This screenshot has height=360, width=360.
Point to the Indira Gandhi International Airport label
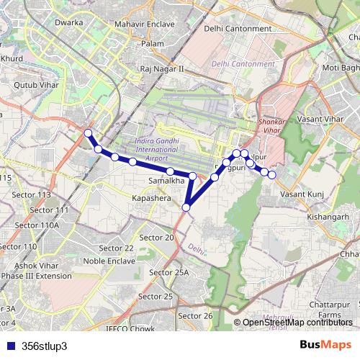[157, 148]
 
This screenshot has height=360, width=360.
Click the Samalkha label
[163, 181]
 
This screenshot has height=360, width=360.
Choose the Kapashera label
[150, 197]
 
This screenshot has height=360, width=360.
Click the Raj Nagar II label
[163, 68]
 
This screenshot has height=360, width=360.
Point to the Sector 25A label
[168, 272]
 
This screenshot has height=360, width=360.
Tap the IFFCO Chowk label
[129, 329]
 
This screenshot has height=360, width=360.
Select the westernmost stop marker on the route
[88, 132]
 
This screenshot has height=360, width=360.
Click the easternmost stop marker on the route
[272, 174]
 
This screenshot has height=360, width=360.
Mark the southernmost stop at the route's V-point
[186, 207]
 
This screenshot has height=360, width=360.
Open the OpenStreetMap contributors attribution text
[297, 323]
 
